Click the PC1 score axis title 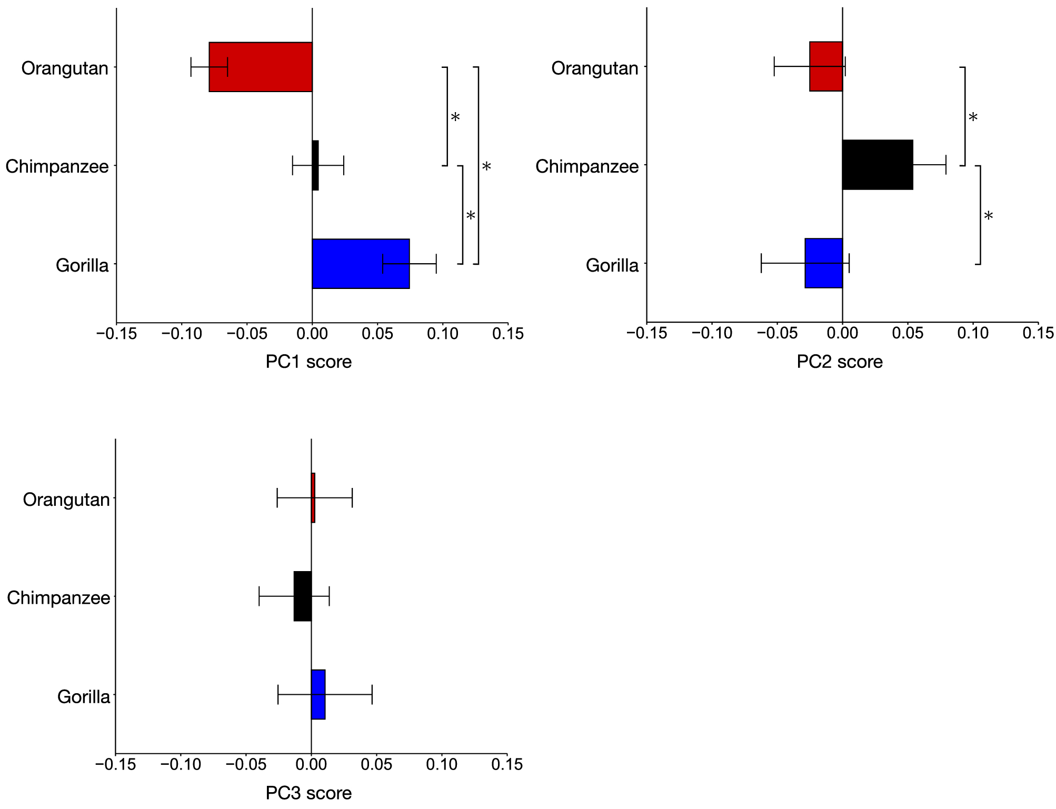click(308, 362)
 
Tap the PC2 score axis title click(839, 362)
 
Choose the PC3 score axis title click(308, 793)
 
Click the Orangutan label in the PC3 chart click(66, 500)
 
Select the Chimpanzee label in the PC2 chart click(586, 166)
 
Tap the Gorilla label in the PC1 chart click(82, 265)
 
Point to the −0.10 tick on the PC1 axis click(182, 334)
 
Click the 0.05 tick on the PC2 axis click(908, 334)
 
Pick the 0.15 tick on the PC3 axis click(506, 764)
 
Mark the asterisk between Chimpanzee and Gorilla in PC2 click(988, 216)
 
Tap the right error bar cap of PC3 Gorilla click(372, 694)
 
